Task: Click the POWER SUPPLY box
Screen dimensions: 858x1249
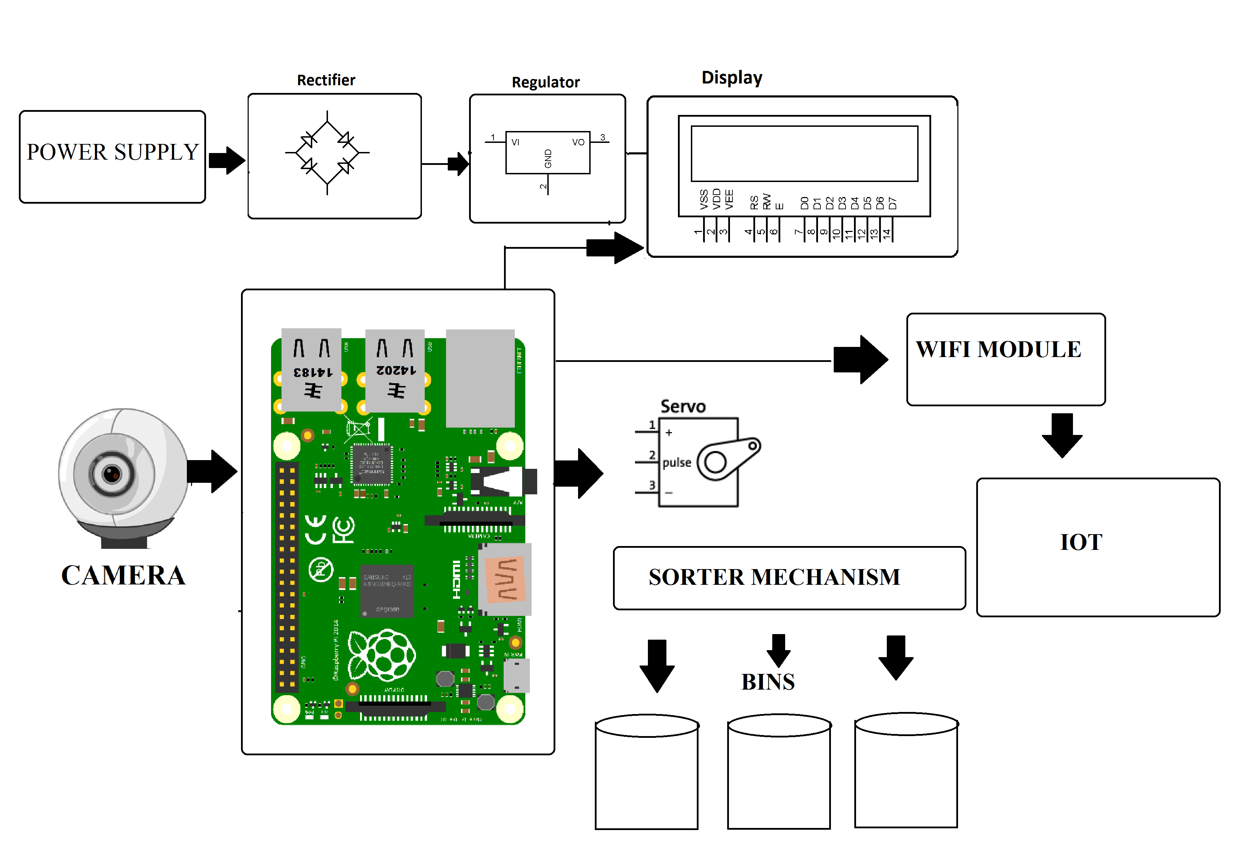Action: point(112,157)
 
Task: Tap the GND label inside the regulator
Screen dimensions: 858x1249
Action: point(548,159)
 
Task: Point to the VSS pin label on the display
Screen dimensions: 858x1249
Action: point(703,199)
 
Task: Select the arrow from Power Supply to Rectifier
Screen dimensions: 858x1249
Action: point(226,160)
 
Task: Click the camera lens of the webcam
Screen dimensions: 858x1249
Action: point(112,474)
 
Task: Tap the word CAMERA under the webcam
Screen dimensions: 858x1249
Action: point(123,575)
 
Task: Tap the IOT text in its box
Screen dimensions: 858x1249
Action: point(1081,542)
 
